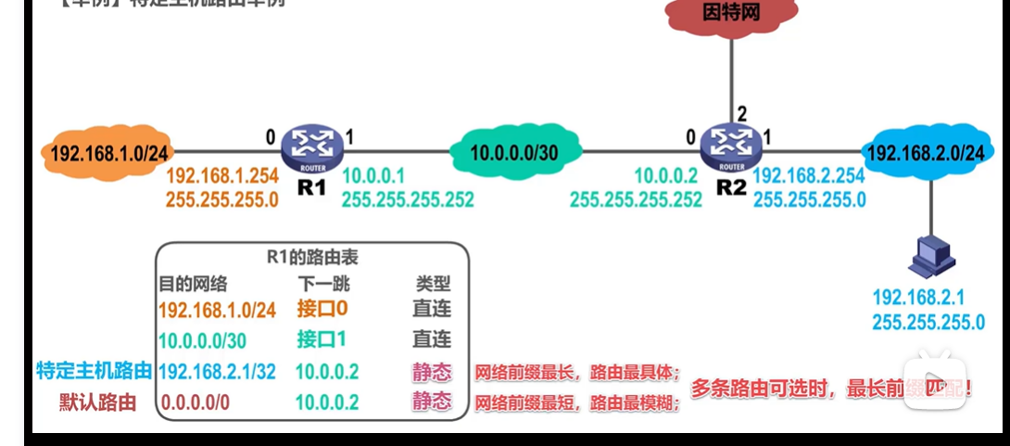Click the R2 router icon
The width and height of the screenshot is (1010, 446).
(731, 146)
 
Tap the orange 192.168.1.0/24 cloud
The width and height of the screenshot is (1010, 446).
(106, 153)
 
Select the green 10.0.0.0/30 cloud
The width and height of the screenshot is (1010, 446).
(514, 153)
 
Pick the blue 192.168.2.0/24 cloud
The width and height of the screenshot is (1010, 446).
(928, 153)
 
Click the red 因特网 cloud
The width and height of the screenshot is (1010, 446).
(729, 14)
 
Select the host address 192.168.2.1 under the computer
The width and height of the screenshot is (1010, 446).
(917, 299)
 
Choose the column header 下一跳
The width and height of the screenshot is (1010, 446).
(323, 283)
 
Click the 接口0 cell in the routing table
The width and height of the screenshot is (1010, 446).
(322, 309)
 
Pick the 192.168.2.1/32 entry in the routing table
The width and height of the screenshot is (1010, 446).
(217, 372)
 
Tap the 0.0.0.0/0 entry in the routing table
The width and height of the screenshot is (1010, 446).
(196, 402)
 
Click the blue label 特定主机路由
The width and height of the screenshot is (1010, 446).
(94, 372)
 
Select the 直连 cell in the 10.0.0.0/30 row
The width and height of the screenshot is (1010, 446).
(432, 339)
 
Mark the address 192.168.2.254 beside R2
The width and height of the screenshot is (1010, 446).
(810, 176)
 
